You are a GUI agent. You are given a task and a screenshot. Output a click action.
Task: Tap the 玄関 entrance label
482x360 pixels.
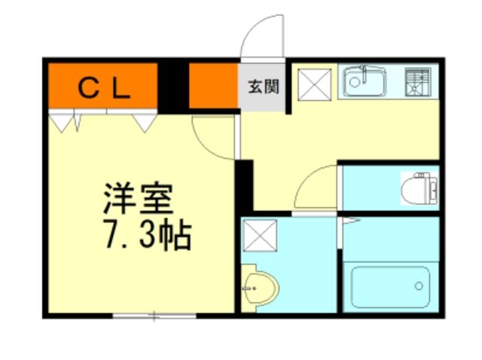(263, 87)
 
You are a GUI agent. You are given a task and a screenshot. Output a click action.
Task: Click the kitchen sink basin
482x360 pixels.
(365, 82)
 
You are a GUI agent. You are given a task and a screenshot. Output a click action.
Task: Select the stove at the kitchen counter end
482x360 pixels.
(419, 82)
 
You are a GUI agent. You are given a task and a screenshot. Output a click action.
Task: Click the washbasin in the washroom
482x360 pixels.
(263, 285)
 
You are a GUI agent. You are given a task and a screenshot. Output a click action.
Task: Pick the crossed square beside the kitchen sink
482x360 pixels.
(311, 83)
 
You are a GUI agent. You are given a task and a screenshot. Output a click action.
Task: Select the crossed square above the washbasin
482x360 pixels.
(260, 236)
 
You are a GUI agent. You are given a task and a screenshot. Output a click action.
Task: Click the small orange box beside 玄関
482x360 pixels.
(213, 87)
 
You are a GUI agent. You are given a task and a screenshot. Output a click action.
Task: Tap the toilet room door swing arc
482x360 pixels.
(316, 187)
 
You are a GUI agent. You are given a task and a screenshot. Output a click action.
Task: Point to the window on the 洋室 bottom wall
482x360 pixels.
(154, 315)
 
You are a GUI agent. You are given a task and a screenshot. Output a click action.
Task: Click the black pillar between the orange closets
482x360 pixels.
(172, 87)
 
